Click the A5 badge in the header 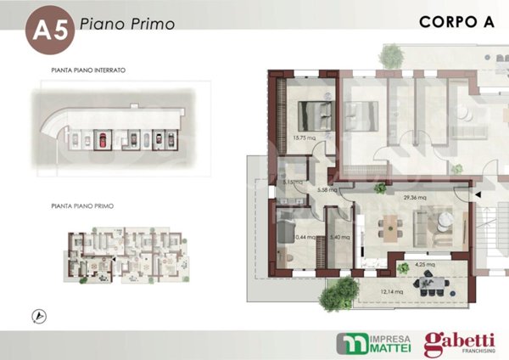(x=48, y=31)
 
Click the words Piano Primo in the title (x=126, y=24)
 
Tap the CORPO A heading (x=456, y=23)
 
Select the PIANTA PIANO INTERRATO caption (x=88, y=70)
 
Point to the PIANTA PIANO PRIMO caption (x=82, y=206)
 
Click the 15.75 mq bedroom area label (x=304, y=137)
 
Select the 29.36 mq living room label (x=415, y=198)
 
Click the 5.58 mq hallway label (x=327, y=190)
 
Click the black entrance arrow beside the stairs (x=478, y=196)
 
